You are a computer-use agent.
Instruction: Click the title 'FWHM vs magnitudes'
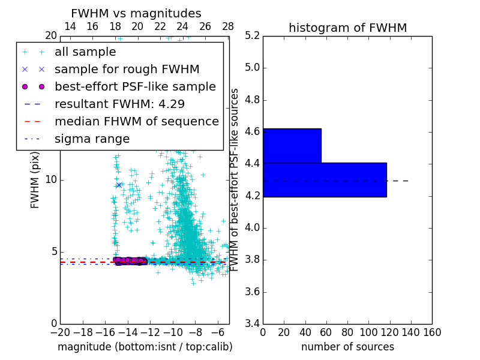[136, 14]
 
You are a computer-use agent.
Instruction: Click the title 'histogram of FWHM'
[347, 28]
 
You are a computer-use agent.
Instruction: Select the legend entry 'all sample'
[85, 52]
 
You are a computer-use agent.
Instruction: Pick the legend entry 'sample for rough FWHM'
[127, 70]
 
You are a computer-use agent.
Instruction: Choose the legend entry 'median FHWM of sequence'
[137, 122]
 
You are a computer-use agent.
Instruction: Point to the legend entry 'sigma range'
[92, 139]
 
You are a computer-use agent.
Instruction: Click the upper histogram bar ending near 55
[292, 145]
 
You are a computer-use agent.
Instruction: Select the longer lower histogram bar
[325, 179]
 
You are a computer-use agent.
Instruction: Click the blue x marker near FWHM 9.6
[119, 185]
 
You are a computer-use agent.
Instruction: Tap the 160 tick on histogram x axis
[432, 332]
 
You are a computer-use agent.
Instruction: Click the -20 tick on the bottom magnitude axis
[60, 332]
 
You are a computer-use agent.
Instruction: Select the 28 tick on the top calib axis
[228, 26]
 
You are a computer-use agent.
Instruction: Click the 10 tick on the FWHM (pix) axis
[50, 180]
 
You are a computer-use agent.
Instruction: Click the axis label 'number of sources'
[347, 347]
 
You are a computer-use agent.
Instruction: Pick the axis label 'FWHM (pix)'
[35, 180]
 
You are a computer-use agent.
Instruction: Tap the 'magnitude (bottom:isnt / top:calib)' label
[145, 347]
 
